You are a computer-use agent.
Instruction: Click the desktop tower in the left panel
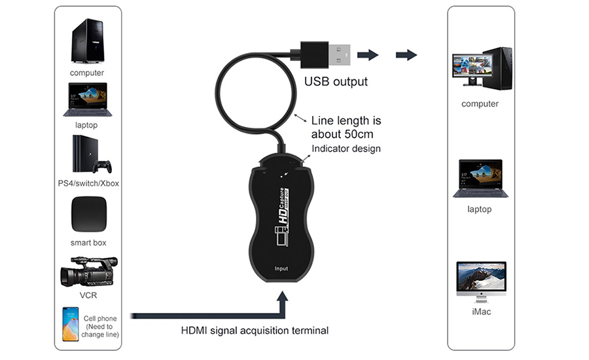click(x=87, y=41)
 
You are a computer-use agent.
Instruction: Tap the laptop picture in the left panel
click(x=88, y=99)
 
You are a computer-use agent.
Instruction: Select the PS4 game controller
click(x=102, y=166)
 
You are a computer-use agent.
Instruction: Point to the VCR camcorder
click(x=88, y=272)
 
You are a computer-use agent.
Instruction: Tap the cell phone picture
click(x=70, y=323)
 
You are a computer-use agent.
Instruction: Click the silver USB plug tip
click(x=338, y=54)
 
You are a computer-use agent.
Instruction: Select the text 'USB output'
click(x=336, y=82)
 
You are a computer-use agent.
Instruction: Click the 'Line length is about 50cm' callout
click(x=346, y=128)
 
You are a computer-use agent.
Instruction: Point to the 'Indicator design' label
click(x=346, y=149)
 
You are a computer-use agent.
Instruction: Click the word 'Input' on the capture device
click(x=281, y=268)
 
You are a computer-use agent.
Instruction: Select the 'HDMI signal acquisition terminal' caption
click(x=255, y=331)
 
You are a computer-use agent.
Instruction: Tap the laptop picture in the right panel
click(x=480, y=177)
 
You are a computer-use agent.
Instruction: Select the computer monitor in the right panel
click(x=468, y=69)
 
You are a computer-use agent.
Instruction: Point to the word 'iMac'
click(x=480, y=312)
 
